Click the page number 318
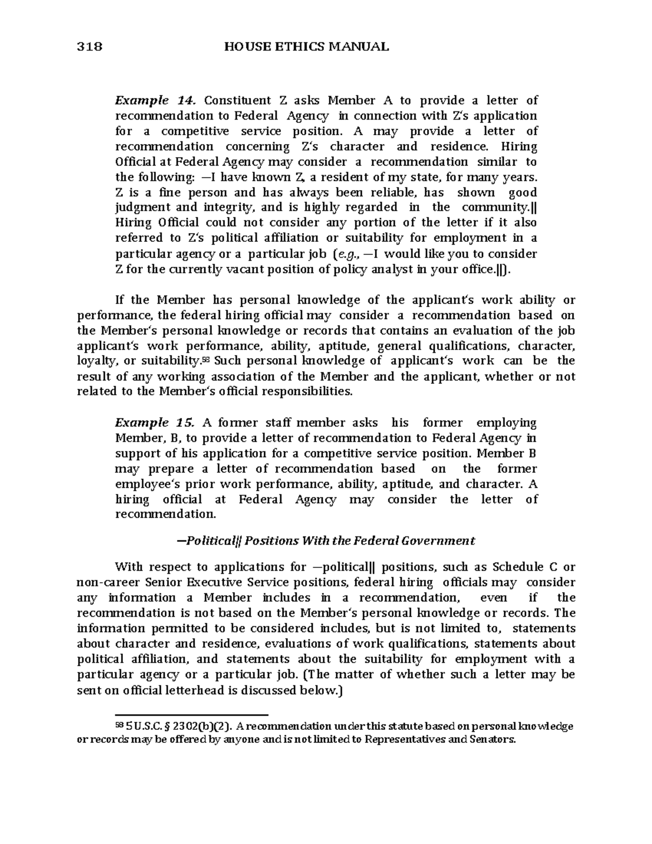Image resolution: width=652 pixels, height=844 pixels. [x=90, y=47]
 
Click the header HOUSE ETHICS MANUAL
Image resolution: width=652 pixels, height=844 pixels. [x=306, y=47]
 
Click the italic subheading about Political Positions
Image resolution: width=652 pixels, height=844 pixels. [x=326, y=541]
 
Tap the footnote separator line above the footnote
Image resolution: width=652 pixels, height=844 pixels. [x=192, y=716]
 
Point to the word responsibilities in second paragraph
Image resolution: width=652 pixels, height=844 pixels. [x=304, y=391]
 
